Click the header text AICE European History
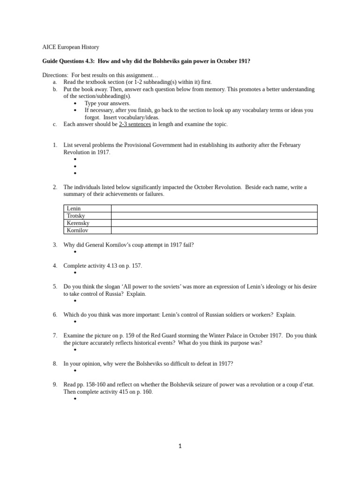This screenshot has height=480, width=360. [x=70, y=47]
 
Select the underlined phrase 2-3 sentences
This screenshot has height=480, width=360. [x=135, y=124]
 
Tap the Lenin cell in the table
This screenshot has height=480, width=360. [x=74, y=209]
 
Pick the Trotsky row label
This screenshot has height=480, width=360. [x=76, y=216]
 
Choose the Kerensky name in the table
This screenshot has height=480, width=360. [x=78, y=223]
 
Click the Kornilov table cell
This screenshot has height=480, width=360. [x=77, y=230]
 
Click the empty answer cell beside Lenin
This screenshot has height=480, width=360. [x=214, y=209]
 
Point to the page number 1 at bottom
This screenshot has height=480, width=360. [x=180, y=446]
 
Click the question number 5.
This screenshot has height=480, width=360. [x=55, y=286]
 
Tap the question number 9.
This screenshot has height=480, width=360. [x=55, y=384]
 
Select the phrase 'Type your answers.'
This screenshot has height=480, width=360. [x=107, y=103]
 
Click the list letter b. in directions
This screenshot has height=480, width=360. [x=55, y=89]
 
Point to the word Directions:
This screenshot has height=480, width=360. [x=55, y=75]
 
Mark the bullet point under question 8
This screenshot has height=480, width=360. [x=75, y=371]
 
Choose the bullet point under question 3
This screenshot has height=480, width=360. [x=75, y=252]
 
